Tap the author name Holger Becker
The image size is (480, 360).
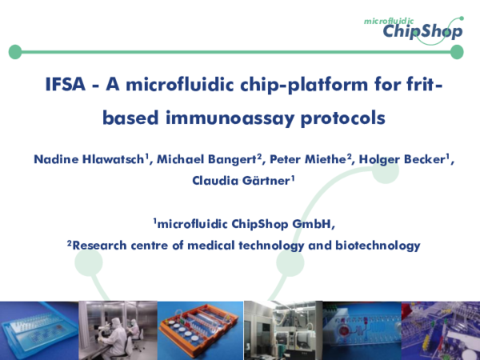tap(402, 159)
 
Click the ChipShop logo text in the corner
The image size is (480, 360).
tap(421, 30)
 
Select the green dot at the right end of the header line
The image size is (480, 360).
tap(457, 53)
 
